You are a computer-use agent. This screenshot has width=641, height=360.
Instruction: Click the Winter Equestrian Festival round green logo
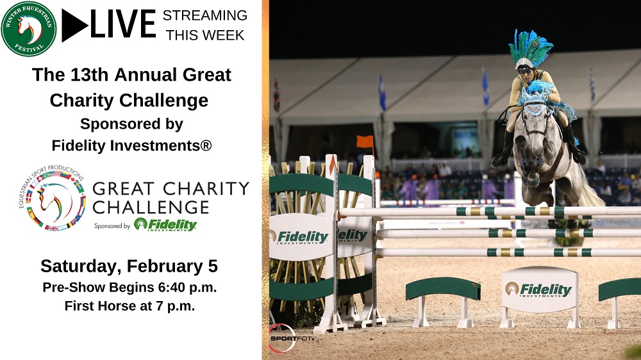29,28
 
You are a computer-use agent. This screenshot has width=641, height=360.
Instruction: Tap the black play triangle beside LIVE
74,26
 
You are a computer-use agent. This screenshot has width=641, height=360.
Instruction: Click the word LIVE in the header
123,24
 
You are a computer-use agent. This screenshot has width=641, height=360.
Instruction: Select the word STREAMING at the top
205,15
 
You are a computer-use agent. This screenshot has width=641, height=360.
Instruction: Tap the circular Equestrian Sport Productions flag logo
52,198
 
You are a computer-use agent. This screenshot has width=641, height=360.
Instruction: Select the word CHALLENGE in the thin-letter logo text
151,207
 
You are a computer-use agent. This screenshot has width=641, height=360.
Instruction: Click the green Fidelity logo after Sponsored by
165,224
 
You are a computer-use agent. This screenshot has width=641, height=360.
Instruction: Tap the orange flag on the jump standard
365,142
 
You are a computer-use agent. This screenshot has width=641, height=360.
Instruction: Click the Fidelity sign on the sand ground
540,290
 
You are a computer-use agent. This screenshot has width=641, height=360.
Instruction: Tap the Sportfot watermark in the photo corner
291,338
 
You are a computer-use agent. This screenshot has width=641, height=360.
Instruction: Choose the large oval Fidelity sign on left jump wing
301,237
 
